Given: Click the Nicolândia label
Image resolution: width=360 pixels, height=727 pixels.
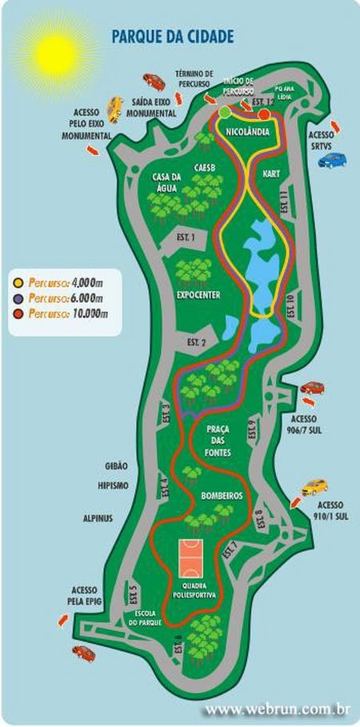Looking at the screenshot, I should [x=246, y=130].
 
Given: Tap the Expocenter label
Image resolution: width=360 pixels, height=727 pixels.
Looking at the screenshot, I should [x=198, y=294].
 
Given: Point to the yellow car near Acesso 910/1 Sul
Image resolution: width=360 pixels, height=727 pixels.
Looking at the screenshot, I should [x=315, y=487].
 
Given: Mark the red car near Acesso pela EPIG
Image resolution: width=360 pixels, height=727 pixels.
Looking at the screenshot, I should [x=83, y=652].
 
